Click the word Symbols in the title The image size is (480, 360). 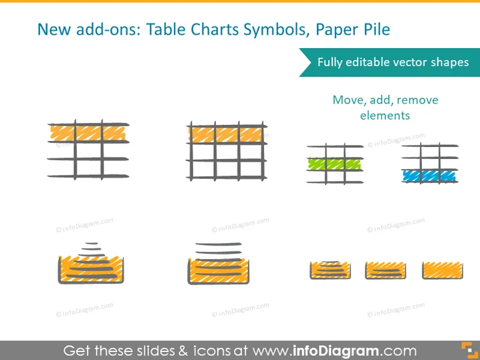coord(275,30)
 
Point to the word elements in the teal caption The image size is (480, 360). coord(385,116)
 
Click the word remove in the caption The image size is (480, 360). coord(418,100)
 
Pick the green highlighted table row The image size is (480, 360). coord(334,164)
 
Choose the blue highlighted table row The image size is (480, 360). coord(429,176)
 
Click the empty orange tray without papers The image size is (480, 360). coord(443,270)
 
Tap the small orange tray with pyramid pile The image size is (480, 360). coord(330,270)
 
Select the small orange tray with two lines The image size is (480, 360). coord(386,271)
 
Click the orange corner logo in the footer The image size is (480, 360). coord(469,350)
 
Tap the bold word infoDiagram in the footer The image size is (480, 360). coord(336,351)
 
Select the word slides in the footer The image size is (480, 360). coord(156,351)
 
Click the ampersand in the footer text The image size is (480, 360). coord(183,351)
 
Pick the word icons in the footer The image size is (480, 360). coord(211,351)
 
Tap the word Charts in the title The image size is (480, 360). coord(215,29)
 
